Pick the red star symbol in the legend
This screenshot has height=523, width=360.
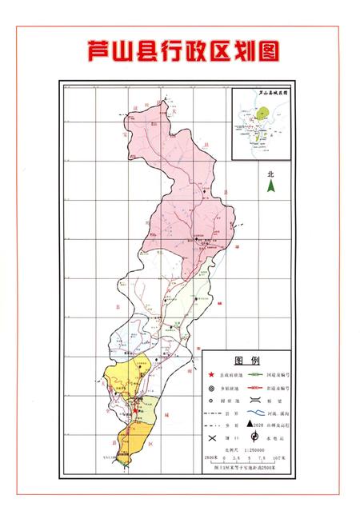tap(212, 375)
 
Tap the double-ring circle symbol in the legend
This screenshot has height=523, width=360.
tap(212, 389)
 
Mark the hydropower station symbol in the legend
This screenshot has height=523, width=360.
tap(254, 437)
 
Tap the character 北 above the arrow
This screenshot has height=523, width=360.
tap(270, 173)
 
